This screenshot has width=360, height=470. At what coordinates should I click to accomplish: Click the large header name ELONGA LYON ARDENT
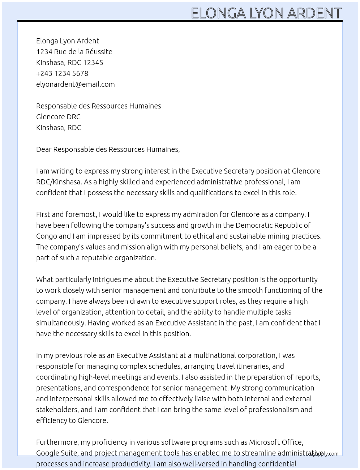click(x=266, y=13)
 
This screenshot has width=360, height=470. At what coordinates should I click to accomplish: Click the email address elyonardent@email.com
click(x=75, y=84)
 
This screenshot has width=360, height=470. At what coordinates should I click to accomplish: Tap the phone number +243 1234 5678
click(x=62, y=73)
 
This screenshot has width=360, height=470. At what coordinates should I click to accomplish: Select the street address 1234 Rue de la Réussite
click(x=74, y=52)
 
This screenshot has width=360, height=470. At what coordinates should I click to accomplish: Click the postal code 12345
click(x=93, y=63)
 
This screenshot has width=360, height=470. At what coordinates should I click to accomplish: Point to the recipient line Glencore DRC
click(x=58, y=117)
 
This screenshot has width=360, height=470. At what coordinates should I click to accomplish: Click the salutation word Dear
click(x=44, y=149)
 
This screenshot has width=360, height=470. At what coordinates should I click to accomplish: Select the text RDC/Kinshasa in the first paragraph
click(x=58, y=182)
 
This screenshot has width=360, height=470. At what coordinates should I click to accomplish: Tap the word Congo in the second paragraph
click(x=46, y=236)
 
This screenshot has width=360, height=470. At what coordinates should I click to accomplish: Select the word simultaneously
click(x=61, y=323)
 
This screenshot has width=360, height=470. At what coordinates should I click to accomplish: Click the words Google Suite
click(x=56, y=453)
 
